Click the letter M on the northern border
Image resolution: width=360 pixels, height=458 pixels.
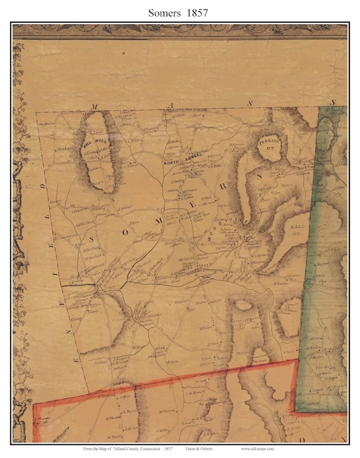click(x=95, y=107)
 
